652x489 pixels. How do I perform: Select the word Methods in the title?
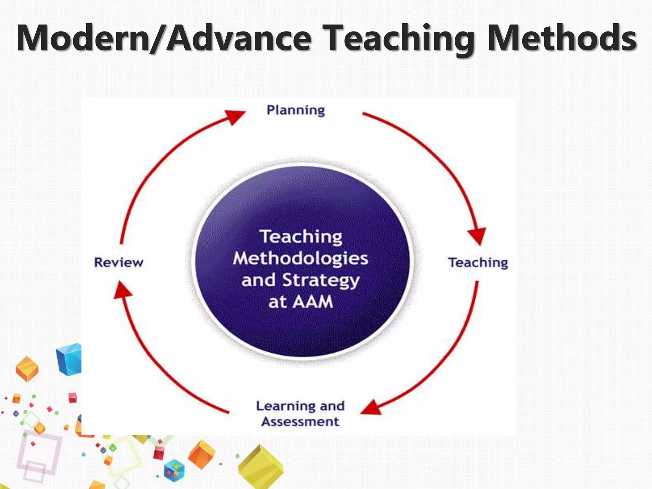click(562, 38)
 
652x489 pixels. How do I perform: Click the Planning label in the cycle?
click(295, 110)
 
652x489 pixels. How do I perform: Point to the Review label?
click(119, 263)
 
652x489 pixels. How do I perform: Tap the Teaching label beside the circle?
click(478, 263)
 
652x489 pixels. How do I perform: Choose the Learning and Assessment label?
click(300, 414)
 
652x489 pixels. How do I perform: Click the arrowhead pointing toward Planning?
click(234, 116)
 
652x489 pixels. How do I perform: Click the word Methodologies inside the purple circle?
click(300, 258)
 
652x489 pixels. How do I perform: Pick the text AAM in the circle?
click(313, 301)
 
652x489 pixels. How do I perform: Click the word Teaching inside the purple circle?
click(301, 237)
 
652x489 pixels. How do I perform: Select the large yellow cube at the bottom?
click(260, 467)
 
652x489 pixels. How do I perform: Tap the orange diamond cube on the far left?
click(27, 369)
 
